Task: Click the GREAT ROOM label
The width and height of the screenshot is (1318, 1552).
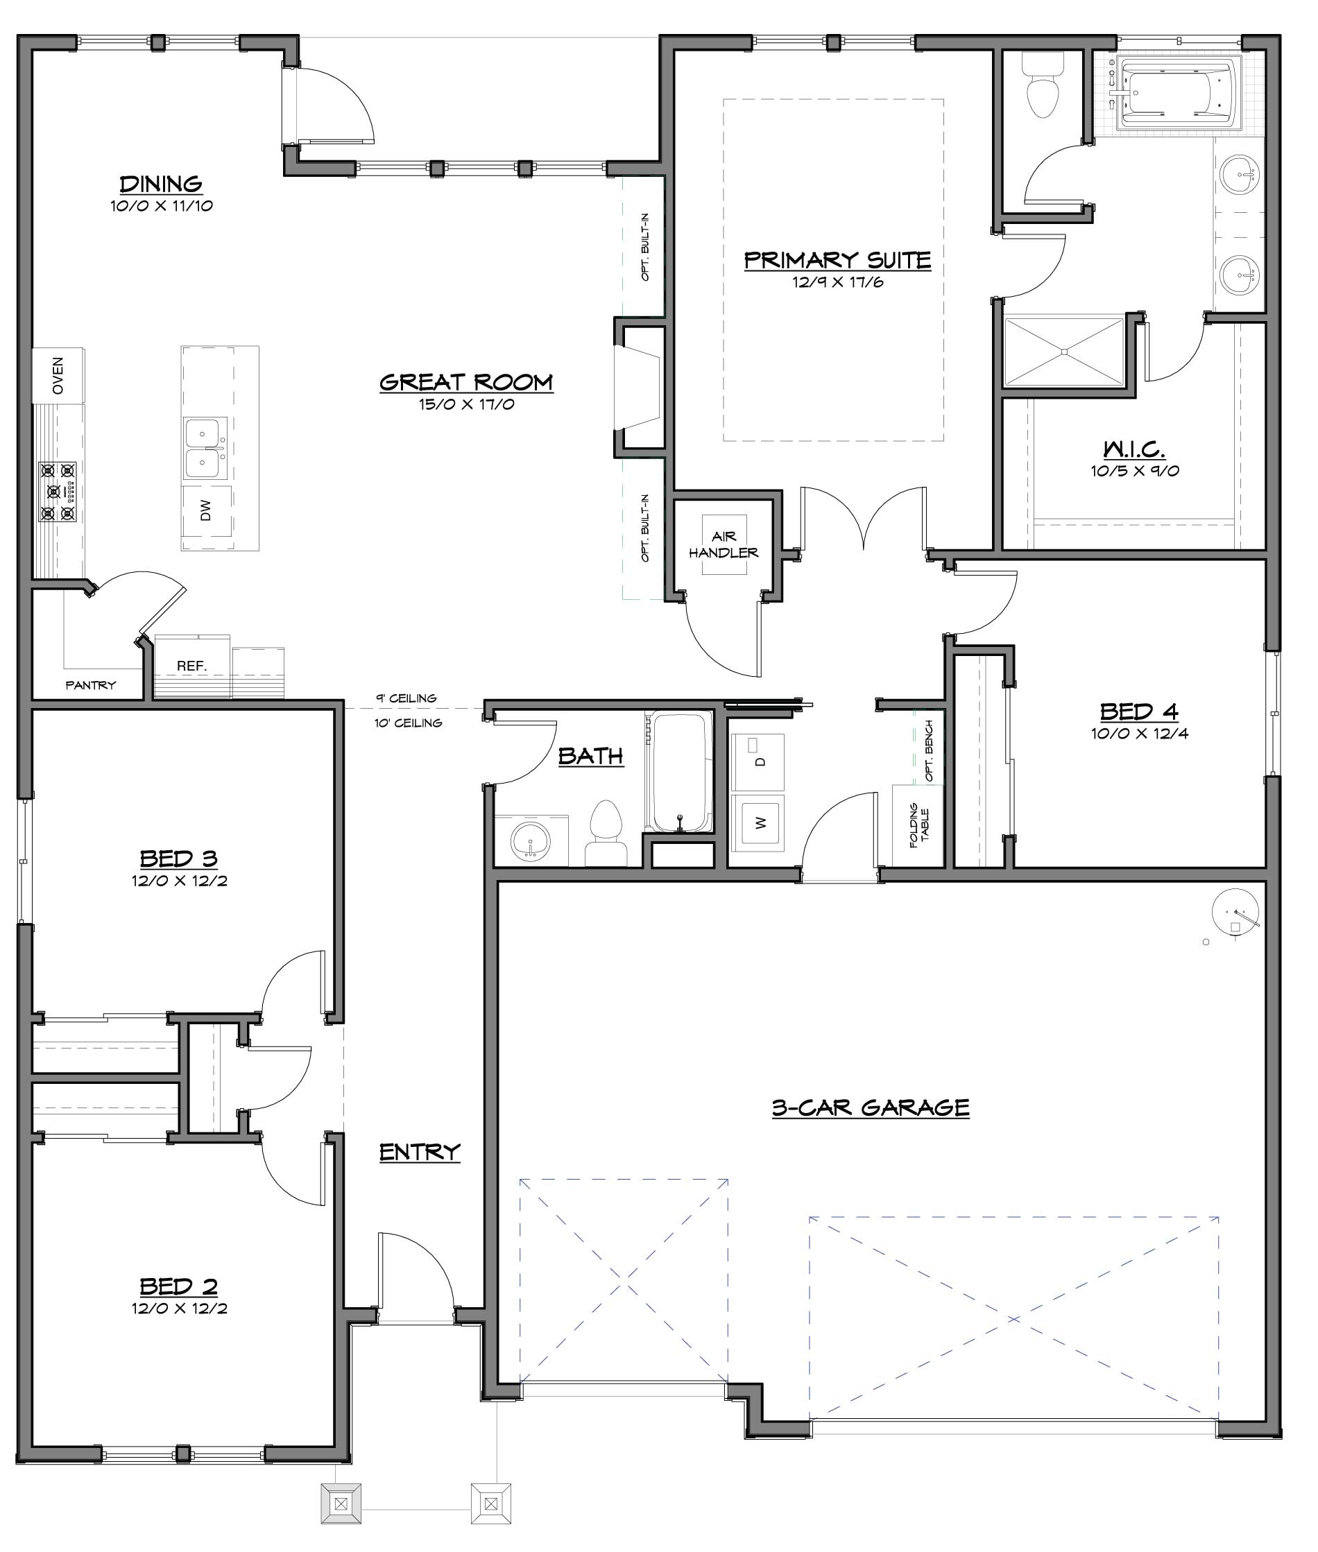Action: pos(466,382)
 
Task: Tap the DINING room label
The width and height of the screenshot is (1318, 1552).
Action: pos(162,184)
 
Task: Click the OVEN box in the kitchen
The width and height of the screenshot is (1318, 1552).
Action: pos(58,375)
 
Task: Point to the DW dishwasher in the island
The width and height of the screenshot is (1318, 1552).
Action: pos(206,510)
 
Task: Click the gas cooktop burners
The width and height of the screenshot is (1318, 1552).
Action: pos(58,492)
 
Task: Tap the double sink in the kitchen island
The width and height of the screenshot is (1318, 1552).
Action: pos(203,448)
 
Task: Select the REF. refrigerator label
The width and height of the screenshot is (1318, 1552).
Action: pos(192,666)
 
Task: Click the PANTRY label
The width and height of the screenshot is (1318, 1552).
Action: pos(90,685)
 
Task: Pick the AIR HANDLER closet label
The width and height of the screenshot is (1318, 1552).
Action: pos(724,544)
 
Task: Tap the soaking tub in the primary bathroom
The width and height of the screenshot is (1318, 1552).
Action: pos(1179,94)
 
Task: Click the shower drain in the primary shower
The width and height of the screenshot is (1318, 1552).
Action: pos(1064,351)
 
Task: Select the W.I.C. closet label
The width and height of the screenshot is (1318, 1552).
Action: pos(1134,449)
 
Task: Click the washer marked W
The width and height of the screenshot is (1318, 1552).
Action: pos(758,822)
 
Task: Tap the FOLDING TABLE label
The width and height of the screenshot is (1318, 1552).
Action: pos(919,825)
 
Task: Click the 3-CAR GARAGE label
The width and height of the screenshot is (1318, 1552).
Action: pos(871,1107)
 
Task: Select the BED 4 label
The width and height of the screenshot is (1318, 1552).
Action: pos(1138,712)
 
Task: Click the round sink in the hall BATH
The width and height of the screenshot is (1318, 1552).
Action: pos(531,843)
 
